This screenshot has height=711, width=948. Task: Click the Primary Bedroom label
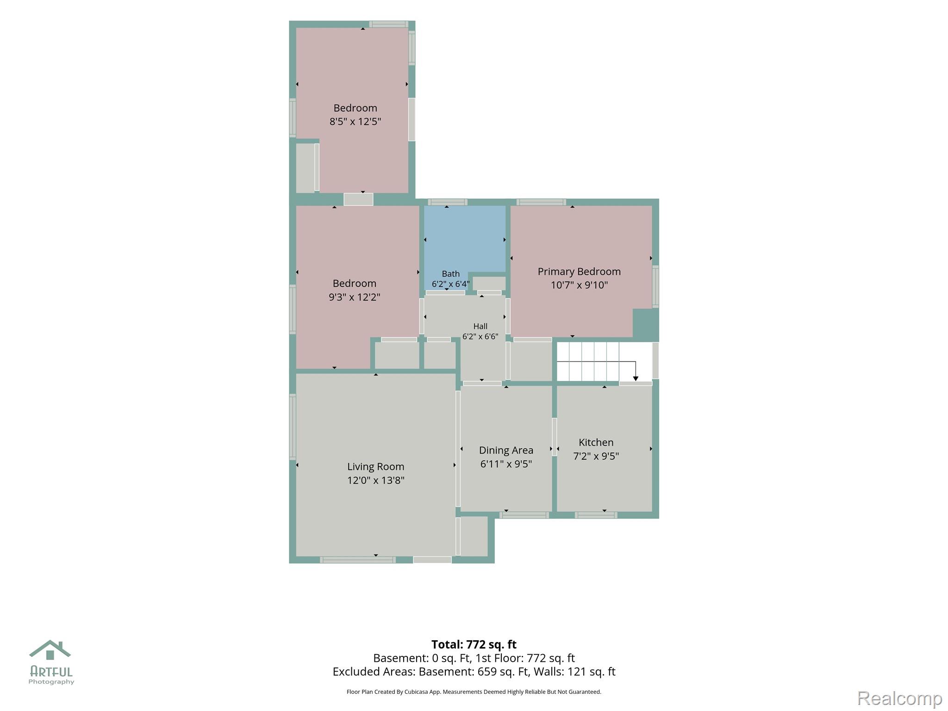coord(579,272)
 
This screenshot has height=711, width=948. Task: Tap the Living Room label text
coord(376,467)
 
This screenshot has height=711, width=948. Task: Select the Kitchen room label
coord(596,443)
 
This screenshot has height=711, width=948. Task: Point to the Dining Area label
coord(506,450)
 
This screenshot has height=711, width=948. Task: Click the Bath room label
coord(451,274)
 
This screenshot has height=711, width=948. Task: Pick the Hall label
coord(480,326)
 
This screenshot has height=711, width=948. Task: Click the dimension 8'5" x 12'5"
coord(355,122)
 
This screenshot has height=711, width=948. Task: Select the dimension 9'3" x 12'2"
coord(355,297)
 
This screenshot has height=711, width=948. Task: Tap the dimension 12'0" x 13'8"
coord(376,480)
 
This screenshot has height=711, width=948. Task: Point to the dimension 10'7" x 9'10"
coord(579,285)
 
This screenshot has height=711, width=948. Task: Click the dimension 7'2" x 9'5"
coord(596,456)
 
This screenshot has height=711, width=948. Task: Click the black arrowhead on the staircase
coord(636,379)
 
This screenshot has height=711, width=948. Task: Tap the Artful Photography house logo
coord(50,650)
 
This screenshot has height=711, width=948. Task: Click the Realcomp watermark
coord(900,698)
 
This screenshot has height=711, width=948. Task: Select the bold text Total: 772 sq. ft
coord(474,644)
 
